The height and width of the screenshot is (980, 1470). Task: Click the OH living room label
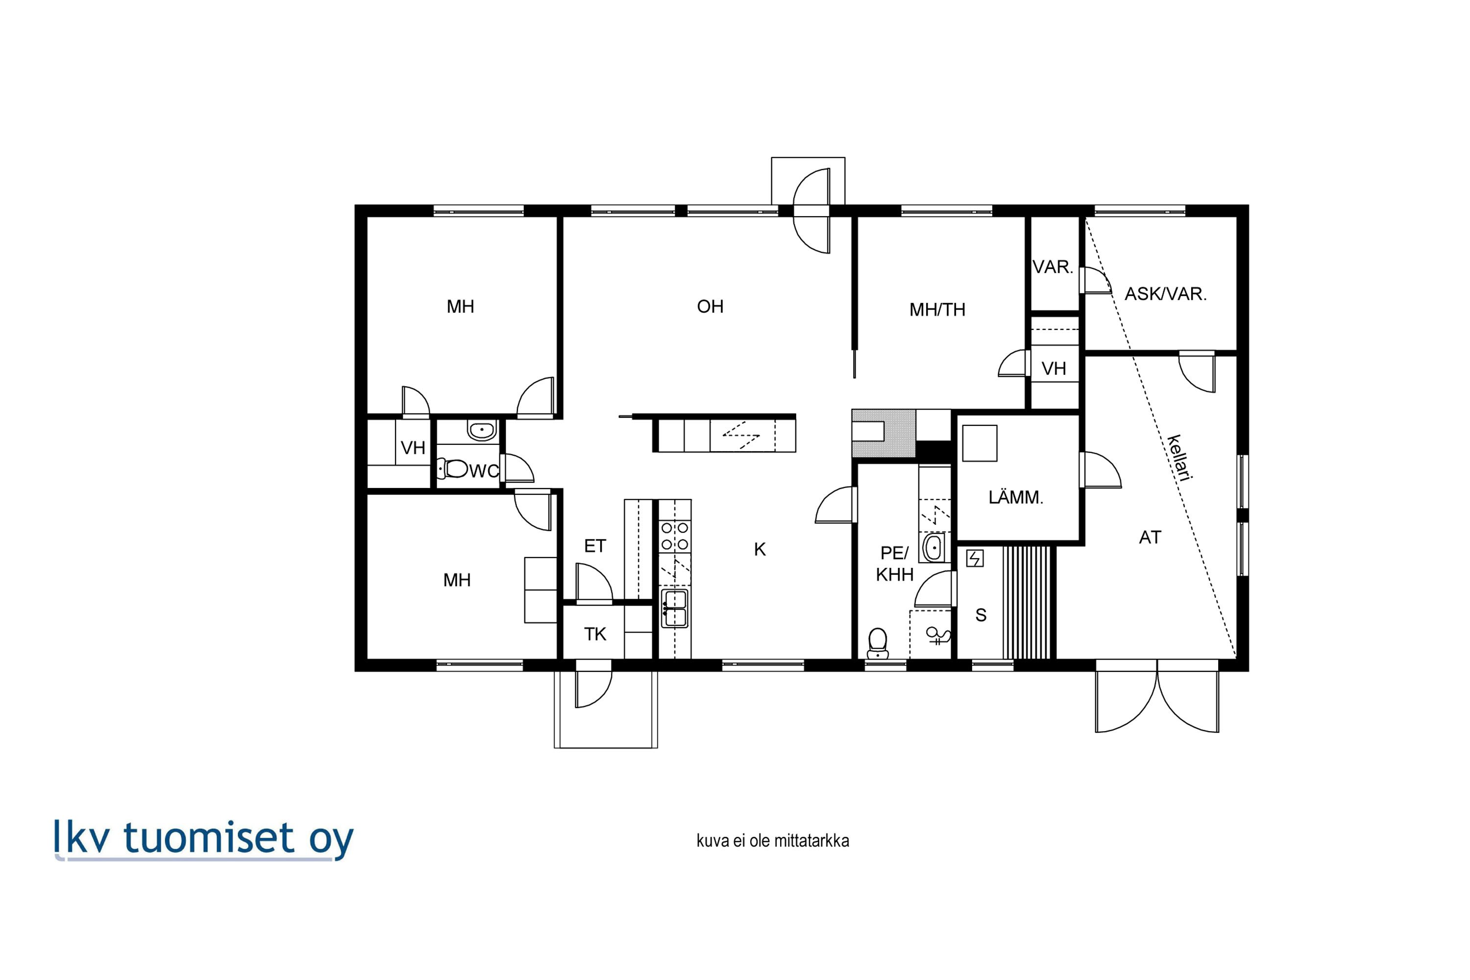click(710, 306)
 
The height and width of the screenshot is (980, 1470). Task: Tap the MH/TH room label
click(937, 309)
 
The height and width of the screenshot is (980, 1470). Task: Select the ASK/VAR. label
click(1166, 294)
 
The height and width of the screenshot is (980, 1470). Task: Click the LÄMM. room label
click(1016, 497)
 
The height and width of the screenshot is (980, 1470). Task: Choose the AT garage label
click(1150, 537)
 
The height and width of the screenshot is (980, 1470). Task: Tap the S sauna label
click(980, 615)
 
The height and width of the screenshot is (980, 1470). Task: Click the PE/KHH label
click(894, 564)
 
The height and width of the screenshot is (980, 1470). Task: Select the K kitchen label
click(760, 549)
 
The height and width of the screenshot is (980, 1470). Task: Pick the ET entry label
click(595, 546)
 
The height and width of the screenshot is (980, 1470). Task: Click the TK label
click(595, 635)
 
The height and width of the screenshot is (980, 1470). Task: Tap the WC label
click(485, 470)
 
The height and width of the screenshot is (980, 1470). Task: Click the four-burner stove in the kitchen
click(675, 536)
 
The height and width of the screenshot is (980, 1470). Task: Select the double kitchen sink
click(675, 609)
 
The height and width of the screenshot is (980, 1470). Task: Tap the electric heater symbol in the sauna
click(975, 558)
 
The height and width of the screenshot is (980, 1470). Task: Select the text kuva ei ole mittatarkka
click(773, 841)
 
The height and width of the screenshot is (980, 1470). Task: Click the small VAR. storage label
click(1053, 267)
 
